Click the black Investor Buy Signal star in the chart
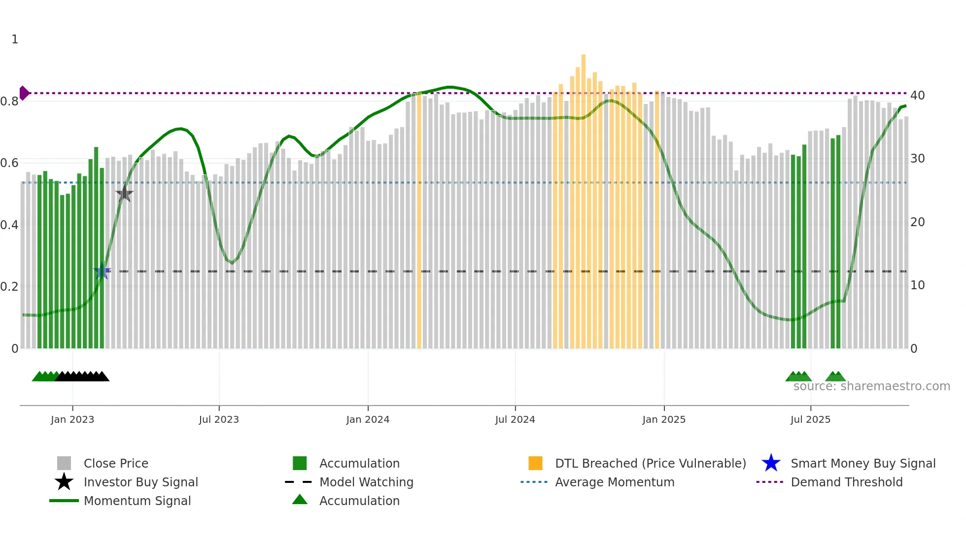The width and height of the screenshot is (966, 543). [125, 194]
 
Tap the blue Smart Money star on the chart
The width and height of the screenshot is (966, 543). [103, 271]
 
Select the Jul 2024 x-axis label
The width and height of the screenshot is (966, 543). [515, 419]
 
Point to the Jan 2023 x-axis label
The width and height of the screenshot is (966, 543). [72, 419]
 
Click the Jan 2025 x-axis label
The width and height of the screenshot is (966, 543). [664, 419]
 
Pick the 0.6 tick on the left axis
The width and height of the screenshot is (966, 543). [9, 163]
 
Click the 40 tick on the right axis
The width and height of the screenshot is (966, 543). [917, 96]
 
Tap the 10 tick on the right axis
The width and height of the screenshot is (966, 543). [917, 285]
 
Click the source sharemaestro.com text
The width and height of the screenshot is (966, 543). [871, 386]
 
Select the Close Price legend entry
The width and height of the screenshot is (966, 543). [116, 463]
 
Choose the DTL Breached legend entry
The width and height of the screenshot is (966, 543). [650, 463]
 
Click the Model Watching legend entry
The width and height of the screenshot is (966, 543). [366, 482]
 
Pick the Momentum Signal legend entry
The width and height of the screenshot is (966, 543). [137, 501]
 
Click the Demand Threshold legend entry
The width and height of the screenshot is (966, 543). [846, 482]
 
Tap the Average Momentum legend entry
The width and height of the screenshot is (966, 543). [615, 482]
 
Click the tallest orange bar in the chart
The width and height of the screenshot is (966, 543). [584, 197]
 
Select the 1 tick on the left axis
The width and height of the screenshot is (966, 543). [15, 39]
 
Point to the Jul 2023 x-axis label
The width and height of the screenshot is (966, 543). [219, 419]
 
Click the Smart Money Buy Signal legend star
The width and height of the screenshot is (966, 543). [771, 463]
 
